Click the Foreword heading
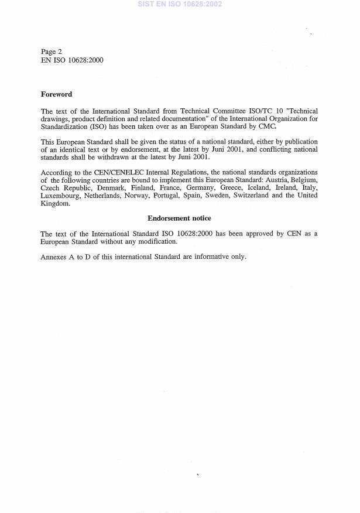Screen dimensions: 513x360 pos(56,94)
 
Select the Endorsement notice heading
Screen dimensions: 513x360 pos(179,218)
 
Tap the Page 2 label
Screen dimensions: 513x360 pos(52,52)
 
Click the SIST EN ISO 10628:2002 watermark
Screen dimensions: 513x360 pos(180,4)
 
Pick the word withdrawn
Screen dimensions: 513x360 pos(107,157)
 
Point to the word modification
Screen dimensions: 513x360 pos(155,241)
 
